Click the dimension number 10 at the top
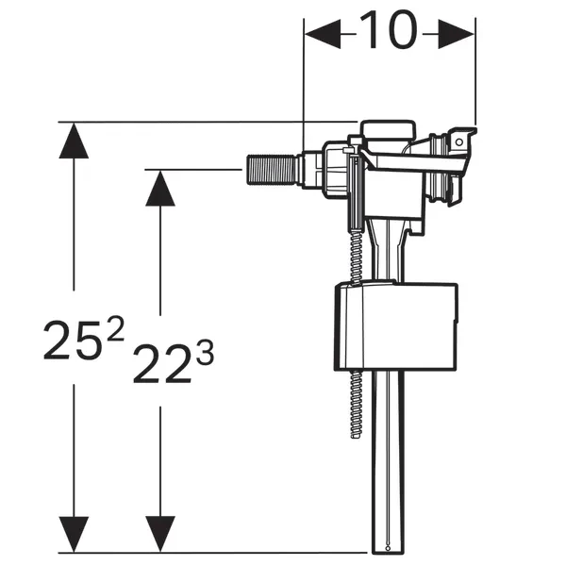coord(389,30)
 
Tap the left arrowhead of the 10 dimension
coord(323,34)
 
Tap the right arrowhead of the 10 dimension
coord(457,34)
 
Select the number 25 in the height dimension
coord(71,341)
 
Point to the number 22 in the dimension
coord(162,363)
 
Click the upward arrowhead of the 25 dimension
coord(74,141)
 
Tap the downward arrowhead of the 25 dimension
coord(74,534)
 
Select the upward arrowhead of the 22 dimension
coord(160,188)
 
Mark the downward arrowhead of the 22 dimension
coord(160,534)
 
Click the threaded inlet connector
coord(273,170)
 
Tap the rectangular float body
coord(396,326)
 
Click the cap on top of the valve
coord(388,133)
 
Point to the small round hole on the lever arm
coord(459,142)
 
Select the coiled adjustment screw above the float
coord(356,258)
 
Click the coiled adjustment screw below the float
coord(357,405)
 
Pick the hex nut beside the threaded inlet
coord(311,170)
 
